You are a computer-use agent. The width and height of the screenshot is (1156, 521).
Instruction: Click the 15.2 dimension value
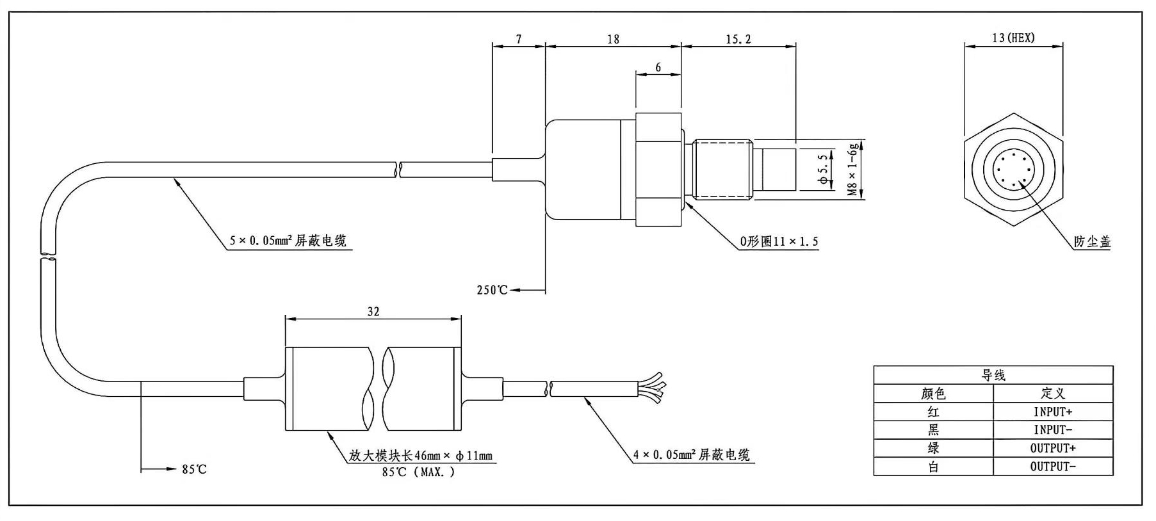click(738, 40)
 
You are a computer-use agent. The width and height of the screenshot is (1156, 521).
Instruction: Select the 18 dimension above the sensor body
click(613, 40)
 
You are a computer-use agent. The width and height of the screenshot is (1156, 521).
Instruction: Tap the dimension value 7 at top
click(519, 39)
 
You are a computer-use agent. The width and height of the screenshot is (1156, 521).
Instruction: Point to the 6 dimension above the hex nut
click(658, 67)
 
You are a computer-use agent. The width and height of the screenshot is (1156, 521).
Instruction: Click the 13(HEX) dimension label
click(1013, 38)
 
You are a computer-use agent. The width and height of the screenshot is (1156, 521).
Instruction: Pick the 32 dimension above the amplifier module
click(373, 312)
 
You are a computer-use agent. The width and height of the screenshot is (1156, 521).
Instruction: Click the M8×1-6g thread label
click(852, 170)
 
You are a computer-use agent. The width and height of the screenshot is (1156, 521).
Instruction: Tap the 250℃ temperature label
click(492, 290)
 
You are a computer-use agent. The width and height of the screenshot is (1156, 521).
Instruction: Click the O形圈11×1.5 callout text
click(779, 242)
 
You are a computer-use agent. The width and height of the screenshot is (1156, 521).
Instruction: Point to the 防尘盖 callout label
click(1093, 242)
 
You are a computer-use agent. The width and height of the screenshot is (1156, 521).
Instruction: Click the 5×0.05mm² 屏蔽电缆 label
click(288, 241)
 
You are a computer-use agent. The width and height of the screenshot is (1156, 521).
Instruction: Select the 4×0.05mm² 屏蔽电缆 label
click(692, 455)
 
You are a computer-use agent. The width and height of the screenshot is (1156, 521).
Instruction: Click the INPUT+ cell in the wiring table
click(1053, 412)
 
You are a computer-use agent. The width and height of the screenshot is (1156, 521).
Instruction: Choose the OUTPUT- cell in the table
click(1053, 467)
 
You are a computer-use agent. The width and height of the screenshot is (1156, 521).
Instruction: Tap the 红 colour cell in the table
click(933, 412)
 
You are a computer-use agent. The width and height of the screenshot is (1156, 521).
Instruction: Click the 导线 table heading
click(993, 376)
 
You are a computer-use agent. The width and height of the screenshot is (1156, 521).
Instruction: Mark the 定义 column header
click(1053, 393)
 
